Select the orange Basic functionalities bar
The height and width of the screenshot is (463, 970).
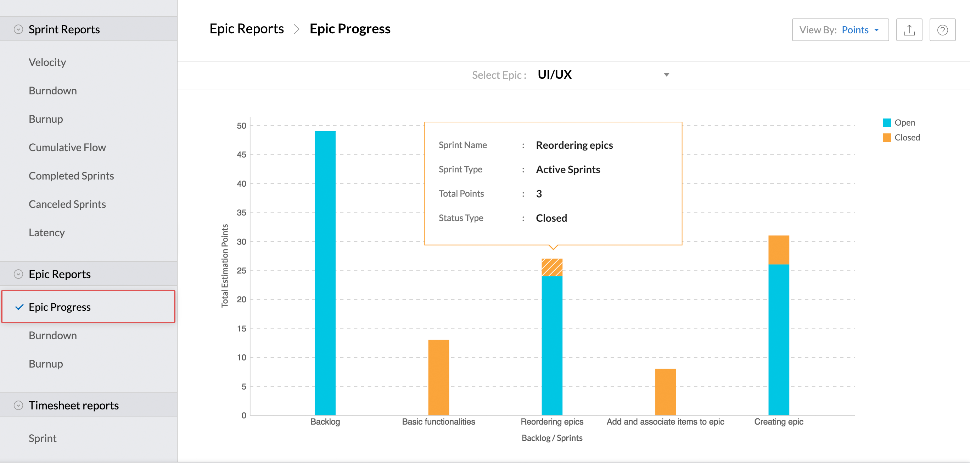(438, 377)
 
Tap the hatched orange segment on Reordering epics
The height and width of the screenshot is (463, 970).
(552, 267)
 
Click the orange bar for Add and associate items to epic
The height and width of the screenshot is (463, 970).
(665, 392)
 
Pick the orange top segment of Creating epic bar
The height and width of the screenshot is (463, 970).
(778, 250)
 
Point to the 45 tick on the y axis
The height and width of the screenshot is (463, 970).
(241, 155)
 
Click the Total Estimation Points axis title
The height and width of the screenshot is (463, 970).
(225, 265)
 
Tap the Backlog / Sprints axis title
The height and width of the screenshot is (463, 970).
(552, 438)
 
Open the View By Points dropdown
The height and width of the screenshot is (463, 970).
(840, 30)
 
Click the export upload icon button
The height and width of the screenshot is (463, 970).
(909, 30)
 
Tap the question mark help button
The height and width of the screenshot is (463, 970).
(942, 30)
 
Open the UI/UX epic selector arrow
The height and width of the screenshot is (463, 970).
(666, 75)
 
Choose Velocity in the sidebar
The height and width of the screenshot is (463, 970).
(47, 62)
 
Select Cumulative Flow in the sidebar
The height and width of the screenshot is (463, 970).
(67, 148)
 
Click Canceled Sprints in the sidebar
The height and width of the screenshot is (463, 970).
(67, 204)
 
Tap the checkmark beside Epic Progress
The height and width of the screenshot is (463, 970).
(19, 307)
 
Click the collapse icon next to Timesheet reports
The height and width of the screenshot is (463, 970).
(18, 405)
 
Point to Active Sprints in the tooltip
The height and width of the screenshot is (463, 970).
(568, 169)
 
